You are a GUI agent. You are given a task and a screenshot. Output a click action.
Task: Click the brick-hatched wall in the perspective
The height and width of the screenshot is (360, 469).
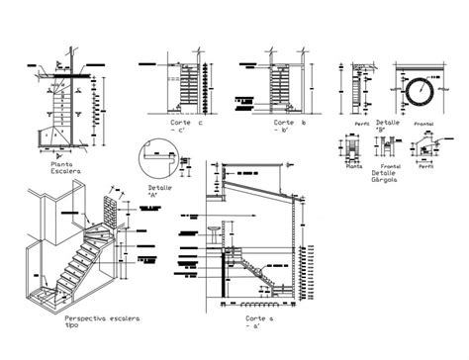tap(110, 213)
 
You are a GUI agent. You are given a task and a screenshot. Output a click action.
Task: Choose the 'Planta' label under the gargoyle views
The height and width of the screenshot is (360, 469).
tap(353, 168)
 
